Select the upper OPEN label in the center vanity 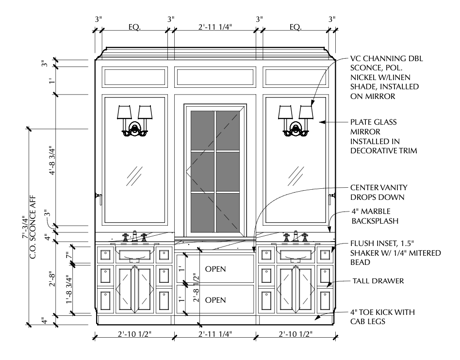[x=216, y=268]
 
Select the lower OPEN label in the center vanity [x=216, y=300]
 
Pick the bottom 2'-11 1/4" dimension [x=214, y=334]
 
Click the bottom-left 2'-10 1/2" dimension [x=133, y=334]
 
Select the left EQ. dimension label [x=134, y=27]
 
